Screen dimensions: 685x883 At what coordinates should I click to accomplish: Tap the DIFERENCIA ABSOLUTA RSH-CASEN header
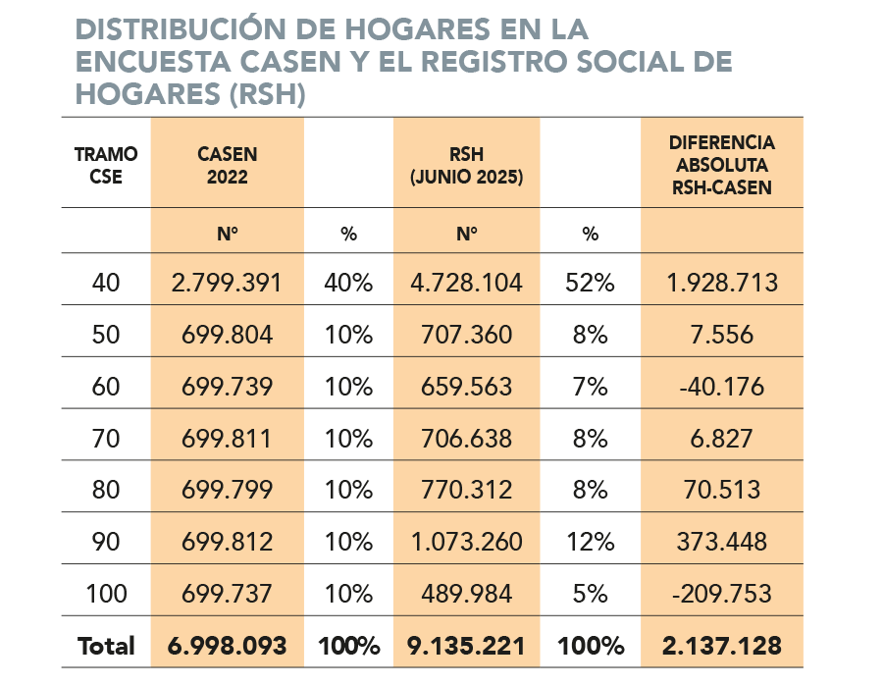coord(721,164)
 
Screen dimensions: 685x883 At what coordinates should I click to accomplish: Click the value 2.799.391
coord(227,284)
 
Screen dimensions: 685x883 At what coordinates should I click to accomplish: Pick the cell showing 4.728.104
coord(466,284)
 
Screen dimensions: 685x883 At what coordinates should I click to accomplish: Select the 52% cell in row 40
coord(590,284)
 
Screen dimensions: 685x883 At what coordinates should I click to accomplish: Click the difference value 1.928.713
coord(721,284)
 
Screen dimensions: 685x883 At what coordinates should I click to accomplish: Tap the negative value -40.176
coord(721,387)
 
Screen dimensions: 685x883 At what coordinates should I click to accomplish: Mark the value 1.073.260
coord(466,542)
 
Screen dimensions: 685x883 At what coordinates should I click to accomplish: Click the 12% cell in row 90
coord(590,542)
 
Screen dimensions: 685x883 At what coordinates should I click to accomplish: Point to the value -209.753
coord(721,594)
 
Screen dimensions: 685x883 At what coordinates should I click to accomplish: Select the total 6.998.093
coord(227,646)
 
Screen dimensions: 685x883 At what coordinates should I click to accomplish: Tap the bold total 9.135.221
coord(466,646)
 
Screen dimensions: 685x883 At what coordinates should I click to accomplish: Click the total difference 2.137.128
coord(721,646)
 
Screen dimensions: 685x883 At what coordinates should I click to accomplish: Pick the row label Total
coord(106,646)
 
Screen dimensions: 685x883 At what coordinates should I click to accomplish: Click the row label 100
coord(106,594)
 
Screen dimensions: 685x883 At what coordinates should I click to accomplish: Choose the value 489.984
coord(466,594)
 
